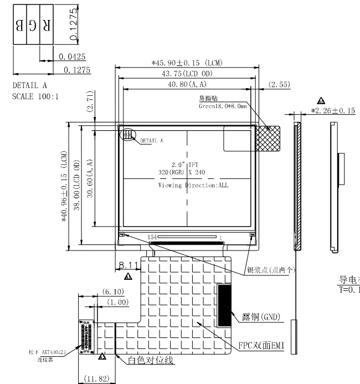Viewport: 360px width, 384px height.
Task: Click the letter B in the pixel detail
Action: (20, 25)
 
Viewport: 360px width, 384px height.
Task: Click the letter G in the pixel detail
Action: (33, 25)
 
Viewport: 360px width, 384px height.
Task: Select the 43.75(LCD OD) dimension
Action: (187, 73)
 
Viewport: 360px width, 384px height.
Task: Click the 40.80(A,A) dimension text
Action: (187, 84)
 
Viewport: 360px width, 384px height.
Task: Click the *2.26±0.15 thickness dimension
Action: (333, 111)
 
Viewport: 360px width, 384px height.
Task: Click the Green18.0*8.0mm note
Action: (223, 106)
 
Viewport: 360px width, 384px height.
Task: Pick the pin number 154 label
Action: (152, 237)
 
